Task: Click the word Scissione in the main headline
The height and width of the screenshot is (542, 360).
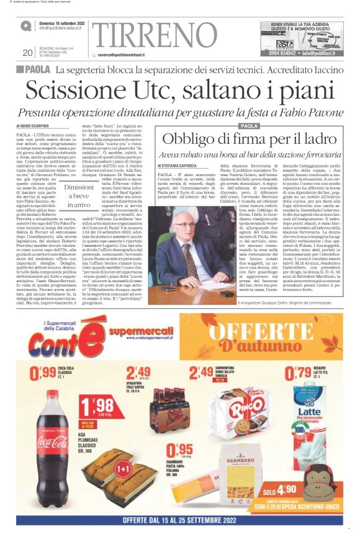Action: click(x=83, y=91)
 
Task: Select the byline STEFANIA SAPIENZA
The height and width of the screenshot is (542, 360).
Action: click(x=182, y=167)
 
